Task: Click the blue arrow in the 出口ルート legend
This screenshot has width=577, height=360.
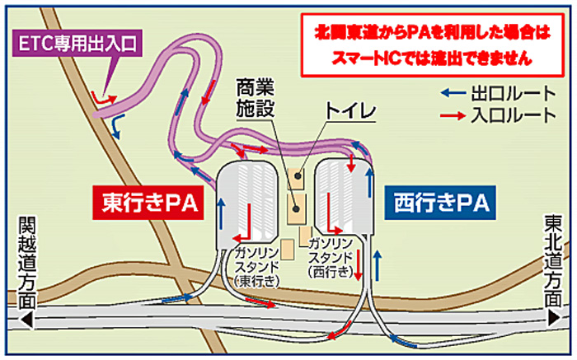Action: [x=450, y=92]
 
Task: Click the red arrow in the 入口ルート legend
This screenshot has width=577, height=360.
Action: [x=450, y=115]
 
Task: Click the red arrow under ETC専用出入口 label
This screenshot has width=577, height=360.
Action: [x=104, y=99]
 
